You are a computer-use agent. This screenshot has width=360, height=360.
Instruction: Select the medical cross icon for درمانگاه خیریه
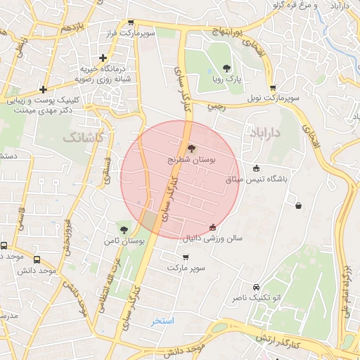[x=103, y=58]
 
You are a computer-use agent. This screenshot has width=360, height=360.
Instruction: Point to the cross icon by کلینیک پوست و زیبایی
[x=44, y=89]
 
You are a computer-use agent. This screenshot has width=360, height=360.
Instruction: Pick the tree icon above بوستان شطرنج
[x=191, y=148]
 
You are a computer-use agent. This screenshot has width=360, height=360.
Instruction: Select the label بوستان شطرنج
[x=192, y=160]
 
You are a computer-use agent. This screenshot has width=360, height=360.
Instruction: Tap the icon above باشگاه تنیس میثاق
[x=256, y=168]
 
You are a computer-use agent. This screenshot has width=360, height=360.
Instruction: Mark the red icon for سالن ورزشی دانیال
[x=213, y=226]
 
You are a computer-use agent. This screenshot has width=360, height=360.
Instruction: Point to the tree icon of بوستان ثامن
[x=124, y=230]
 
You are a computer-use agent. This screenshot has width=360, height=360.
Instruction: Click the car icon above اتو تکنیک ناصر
[x=255, y=287]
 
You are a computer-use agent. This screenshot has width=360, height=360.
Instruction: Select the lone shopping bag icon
[x=299, y=205]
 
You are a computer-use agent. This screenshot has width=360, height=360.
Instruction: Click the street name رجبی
[x=215, y=106]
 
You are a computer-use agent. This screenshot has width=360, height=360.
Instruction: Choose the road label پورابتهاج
[x=229, y=32]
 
